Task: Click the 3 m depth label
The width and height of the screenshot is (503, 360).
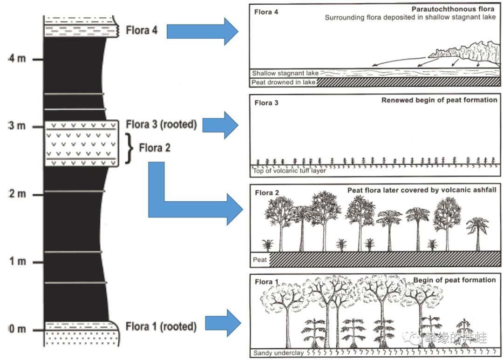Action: tap(17, 126)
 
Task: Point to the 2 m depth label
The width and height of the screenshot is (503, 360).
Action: tap(17, 194)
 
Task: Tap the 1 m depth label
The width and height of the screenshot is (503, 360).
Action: tap(17, 262)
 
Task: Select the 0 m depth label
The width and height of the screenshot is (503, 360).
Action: tap(17, 329)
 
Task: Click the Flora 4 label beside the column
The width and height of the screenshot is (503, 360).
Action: tap(142, 31)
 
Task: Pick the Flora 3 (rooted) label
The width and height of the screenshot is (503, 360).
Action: tap(161, 125)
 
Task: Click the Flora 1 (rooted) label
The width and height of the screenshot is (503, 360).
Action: tap(161, 326)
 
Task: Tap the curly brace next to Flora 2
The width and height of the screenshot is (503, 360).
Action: tap(130, 148)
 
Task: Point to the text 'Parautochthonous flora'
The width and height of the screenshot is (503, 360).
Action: tap(453, 9)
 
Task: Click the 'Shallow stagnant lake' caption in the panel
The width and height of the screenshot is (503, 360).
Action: tap(285, 73)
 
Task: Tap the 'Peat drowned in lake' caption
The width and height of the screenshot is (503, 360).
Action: tap(283, 82)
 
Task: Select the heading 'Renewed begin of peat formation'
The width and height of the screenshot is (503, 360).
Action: tap(439, 100)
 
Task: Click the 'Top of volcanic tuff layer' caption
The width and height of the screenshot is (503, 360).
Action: tap(289, 170)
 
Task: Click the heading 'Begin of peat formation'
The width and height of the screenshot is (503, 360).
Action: tap(454, 280)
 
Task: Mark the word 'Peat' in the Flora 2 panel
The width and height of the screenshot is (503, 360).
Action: tap(260, 259)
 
